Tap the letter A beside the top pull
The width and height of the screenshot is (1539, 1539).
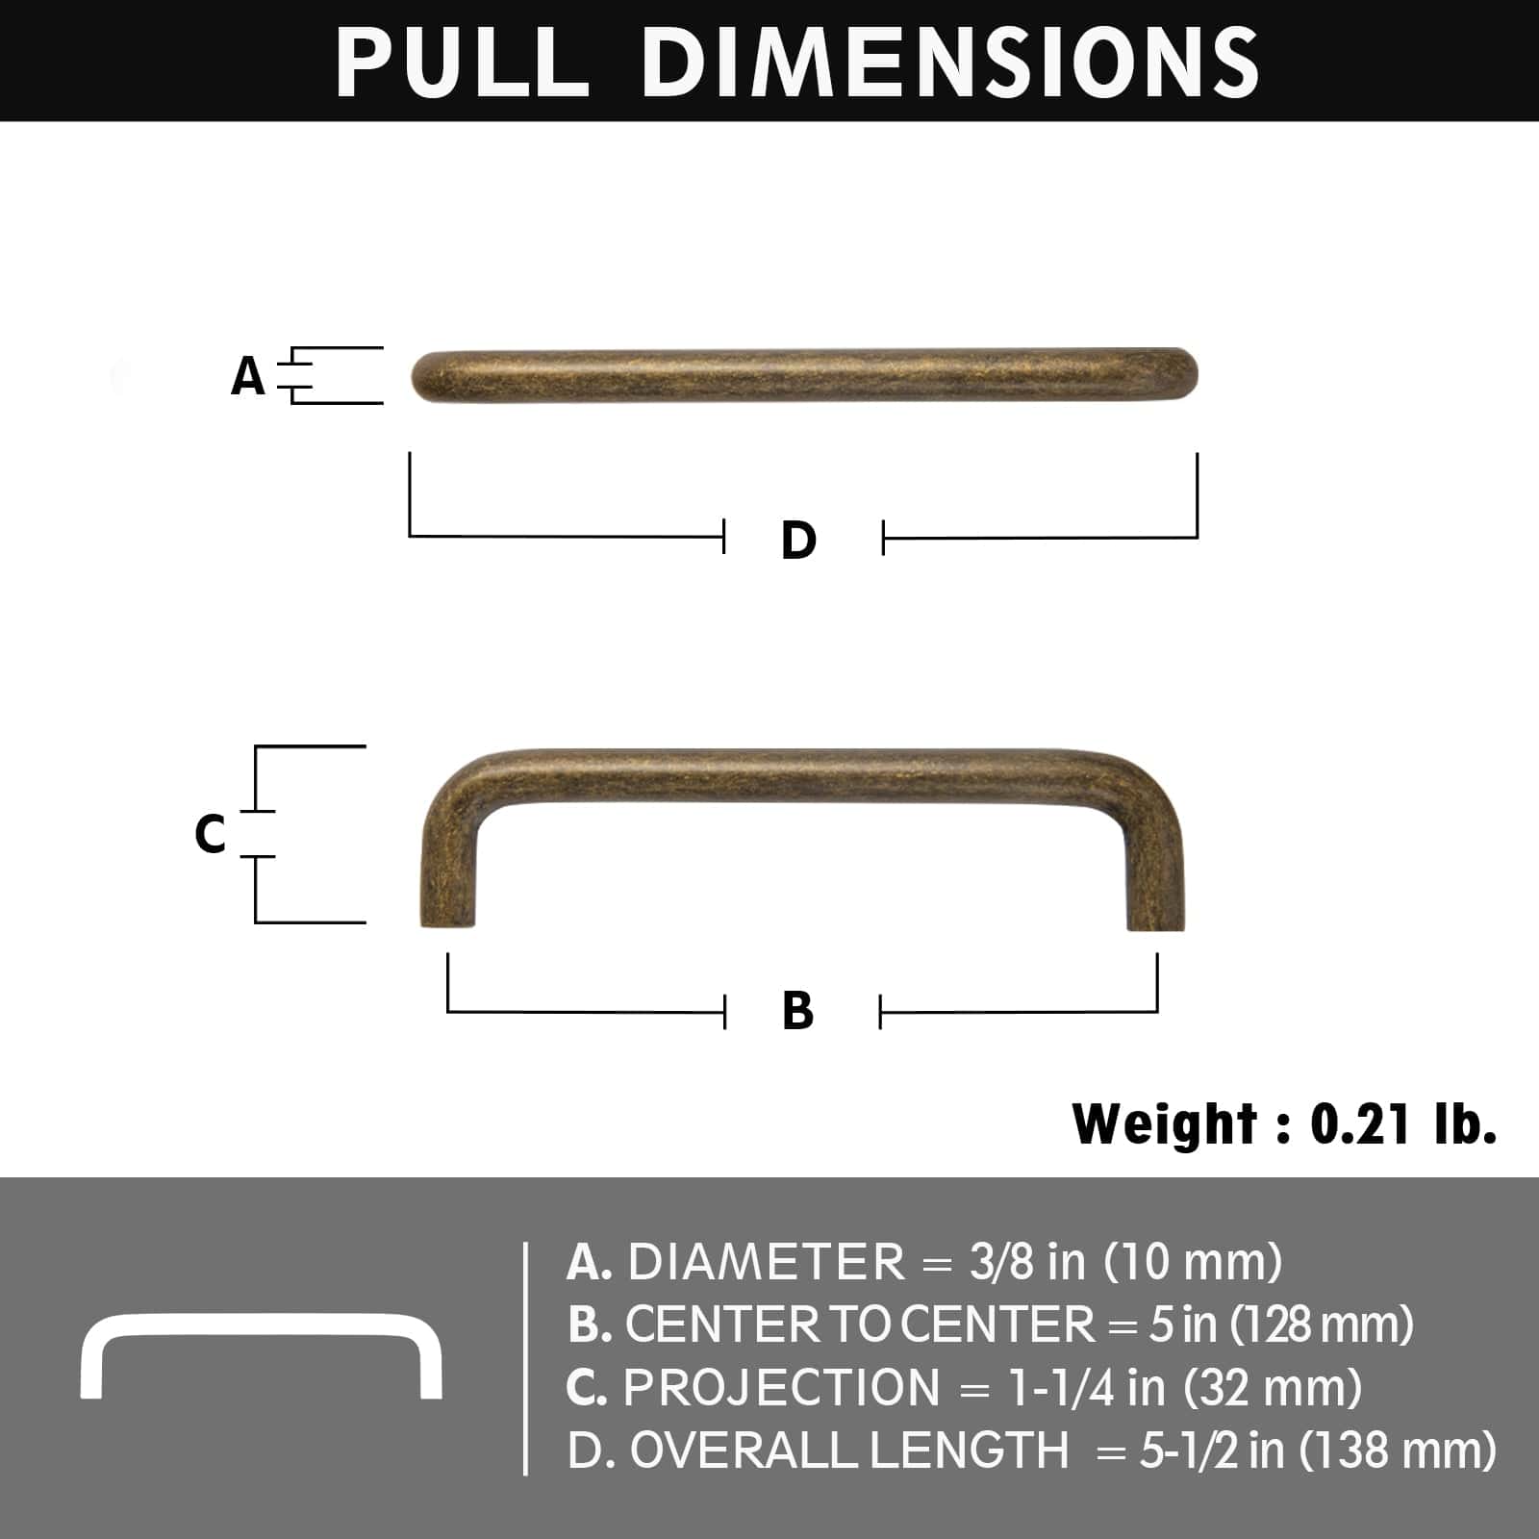tap(247, 376)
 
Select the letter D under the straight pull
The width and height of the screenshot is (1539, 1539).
tap(798, 540)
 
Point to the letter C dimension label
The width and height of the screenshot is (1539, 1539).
tap(211, 833)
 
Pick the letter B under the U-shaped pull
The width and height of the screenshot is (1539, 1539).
tap(798, 1011)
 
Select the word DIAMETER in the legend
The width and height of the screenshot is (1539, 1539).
tap(766, 1262)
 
